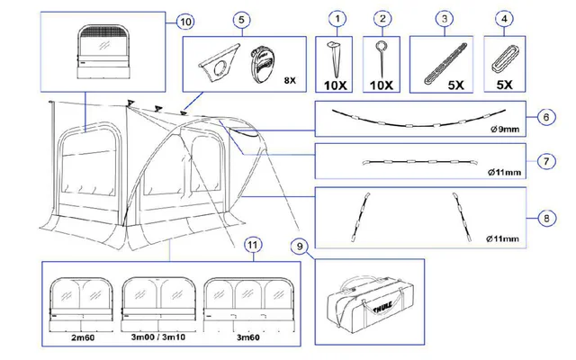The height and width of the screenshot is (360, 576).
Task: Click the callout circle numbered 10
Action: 184,21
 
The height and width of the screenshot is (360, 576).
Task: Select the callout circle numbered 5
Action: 240,20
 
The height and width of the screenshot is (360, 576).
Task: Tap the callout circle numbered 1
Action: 338,17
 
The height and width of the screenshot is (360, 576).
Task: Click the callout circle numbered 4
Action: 508,17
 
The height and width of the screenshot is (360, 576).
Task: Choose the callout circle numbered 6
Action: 544,118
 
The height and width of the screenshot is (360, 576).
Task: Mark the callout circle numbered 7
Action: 544,162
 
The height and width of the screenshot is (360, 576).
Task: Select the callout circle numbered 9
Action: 300,244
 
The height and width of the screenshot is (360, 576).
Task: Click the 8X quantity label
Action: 290,80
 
